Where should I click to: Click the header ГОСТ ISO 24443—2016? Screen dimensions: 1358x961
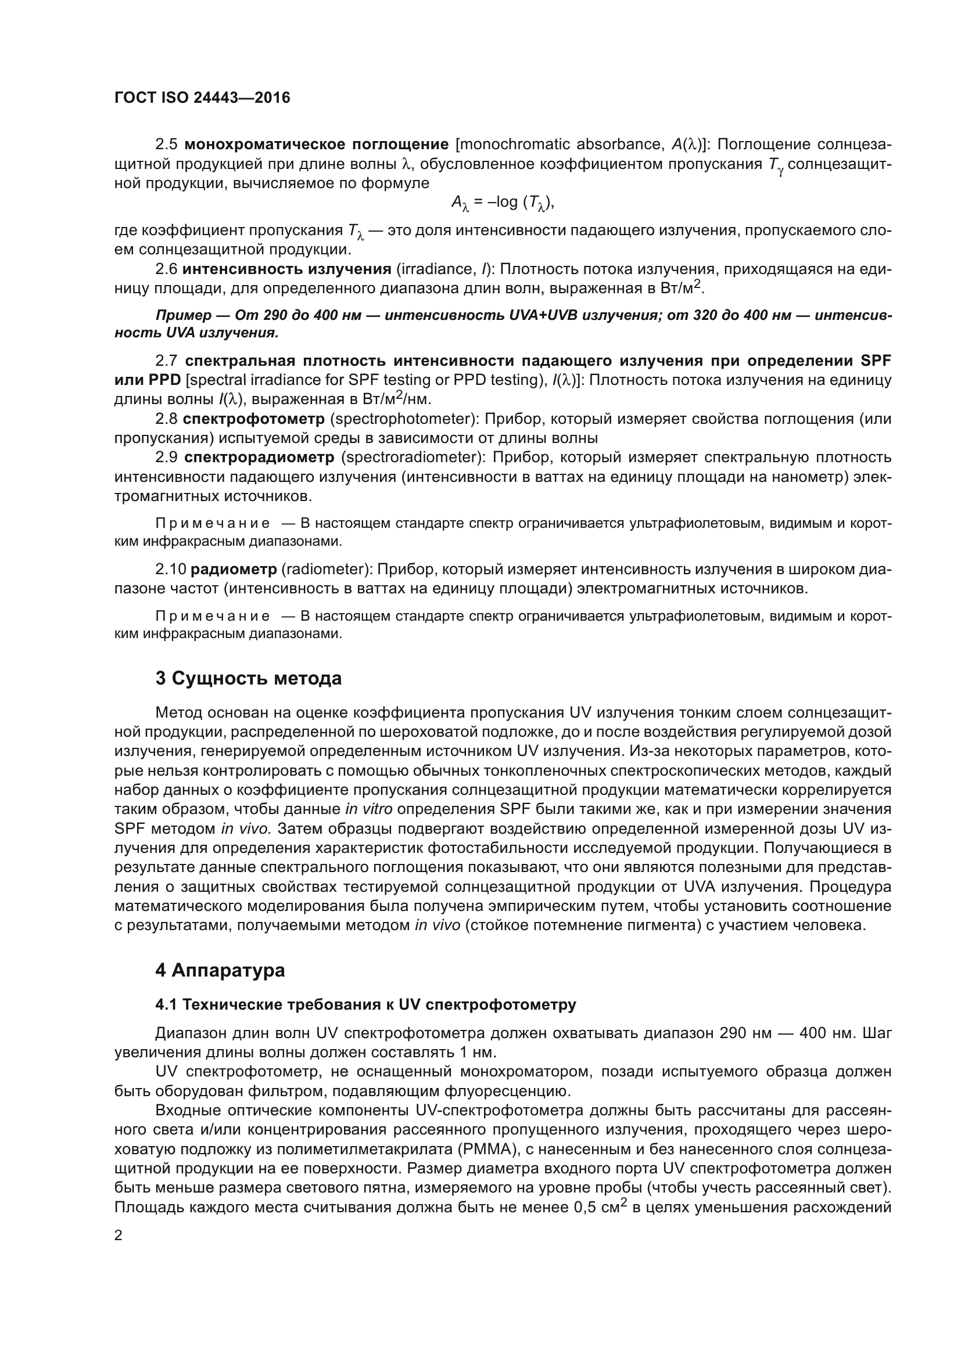pos(202,98)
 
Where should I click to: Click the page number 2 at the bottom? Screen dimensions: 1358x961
pos(119,1235)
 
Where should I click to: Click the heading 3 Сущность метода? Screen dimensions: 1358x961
pos(249,678)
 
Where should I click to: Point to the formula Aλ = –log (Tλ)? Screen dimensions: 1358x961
pos(503,203)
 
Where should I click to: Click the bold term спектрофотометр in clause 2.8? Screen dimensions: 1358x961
pos(253,419)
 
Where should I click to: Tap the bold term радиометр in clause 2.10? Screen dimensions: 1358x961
pos(234,569)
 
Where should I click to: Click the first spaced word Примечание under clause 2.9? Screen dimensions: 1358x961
pos(213,524)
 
